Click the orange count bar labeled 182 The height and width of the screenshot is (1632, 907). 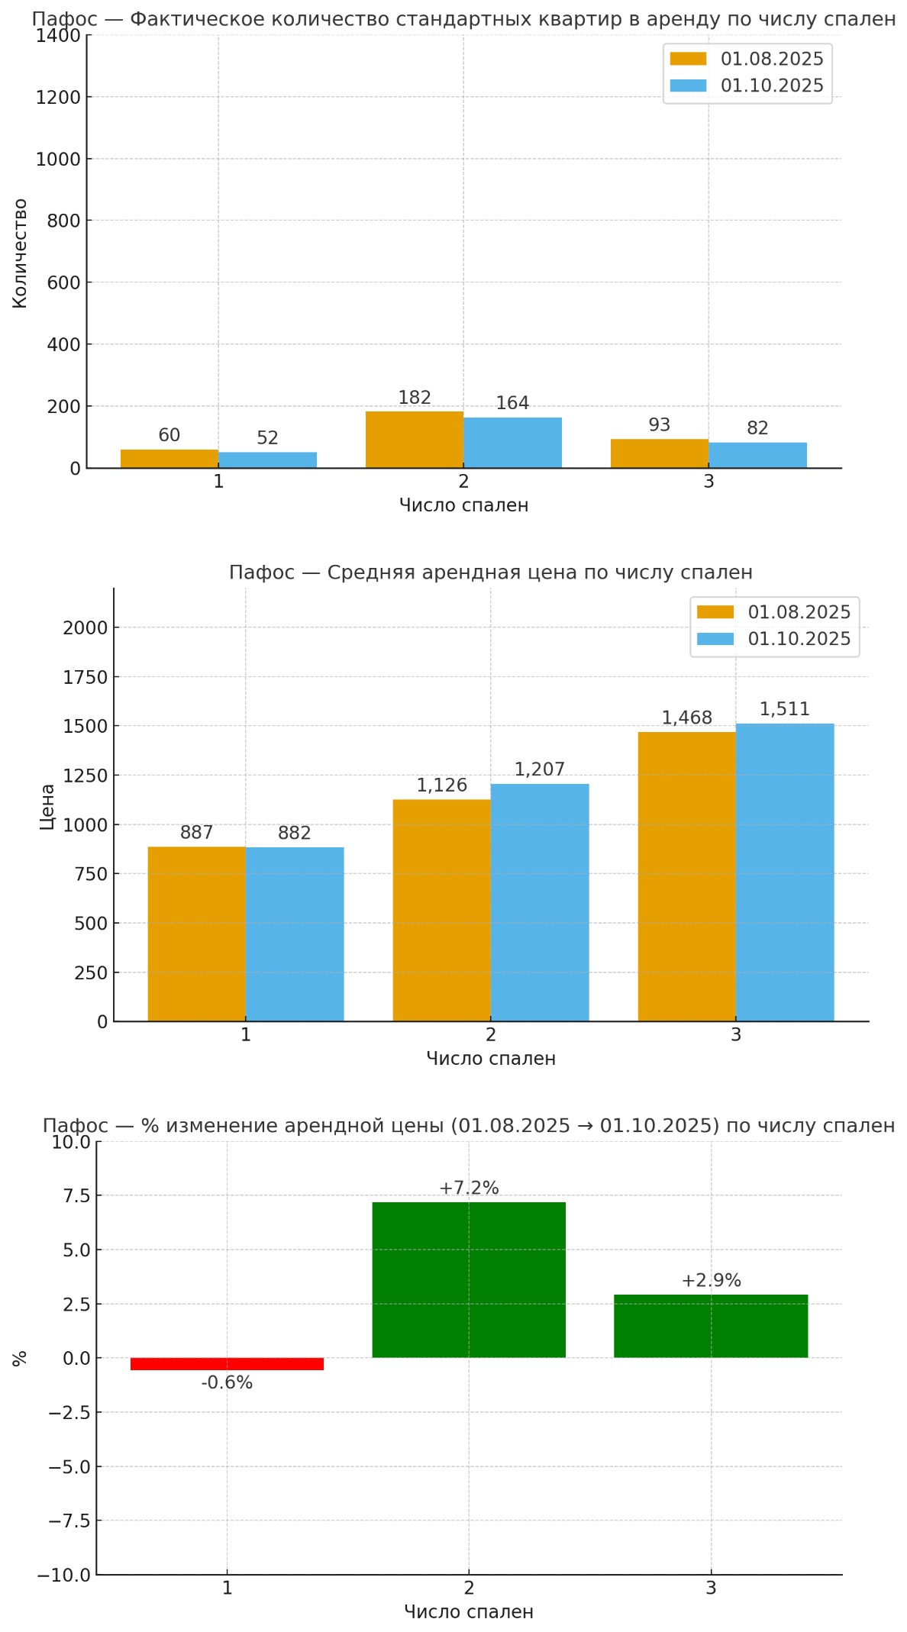414,440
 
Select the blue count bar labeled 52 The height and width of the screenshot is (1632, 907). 267,460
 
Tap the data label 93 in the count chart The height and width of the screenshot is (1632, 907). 659,425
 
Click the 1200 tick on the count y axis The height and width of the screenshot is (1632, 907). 57,97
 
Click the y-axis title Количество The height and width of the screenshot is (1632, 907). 20,253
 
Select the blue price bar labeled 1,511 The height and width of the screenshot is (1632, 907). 785,872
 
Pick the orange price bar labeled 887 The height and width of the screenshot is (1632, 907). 196,934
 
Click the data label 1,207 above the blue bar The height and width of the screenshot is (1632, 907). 539,769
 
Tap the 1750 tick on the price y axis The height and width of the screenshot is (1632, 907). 85,677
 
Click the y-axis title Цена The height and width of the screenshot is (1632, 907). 47,806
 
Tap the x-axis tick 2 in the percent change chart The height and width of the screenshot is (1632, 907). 469,1588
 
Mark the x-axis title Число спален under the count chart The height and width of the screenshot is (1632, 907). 463,505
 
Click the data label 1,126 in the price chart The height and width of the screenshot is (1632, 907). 441,785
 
